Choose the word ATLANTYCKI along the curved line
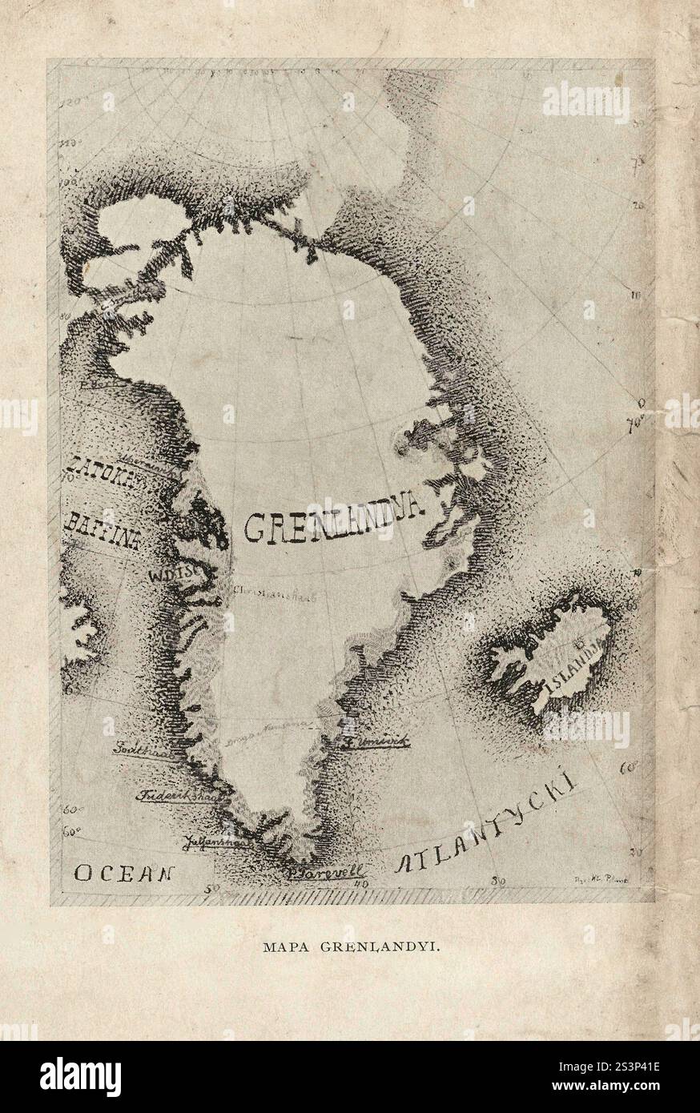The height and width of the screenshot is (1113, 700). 489,825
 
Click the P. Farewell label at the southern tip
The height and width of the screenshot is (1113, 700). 325,872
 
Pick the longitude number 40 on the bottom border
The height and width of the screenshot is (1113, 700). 360,882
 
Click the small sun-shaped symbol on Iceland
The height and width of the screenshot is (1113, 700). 577,642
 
